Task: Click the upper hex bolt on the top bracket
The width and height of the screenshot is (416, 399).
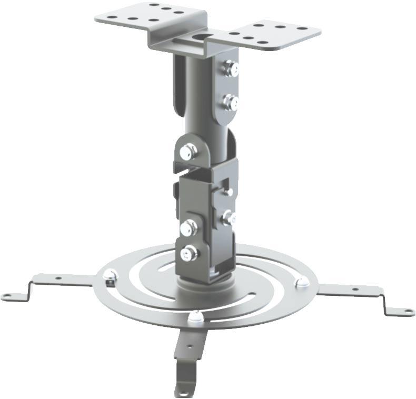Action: (x=230, y=68)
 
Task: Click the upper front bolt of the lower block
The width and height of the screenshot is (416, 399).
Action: (x=188, y=227)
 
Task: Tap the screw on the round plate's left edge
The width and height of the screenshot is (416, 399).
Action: (x=110, y=274)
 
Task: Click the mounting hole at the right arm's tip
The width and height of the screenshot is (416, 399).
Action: (x=406, y=312)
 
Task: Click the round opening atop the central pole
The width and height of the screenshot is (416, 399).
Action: (x=202, y=37)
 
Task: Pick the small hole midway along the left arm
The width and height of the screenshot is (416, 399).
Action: (x=58, y=277)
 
